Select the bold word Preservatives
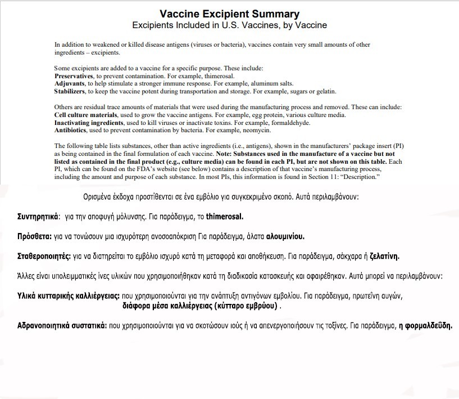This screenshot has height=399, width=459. pos(75,75)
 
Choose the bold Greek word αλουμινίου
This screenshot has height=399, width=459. pos(281,236)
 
